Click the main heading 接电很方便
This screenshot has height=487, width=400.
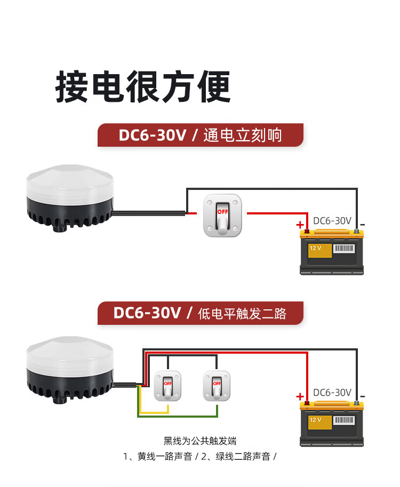[143, 86]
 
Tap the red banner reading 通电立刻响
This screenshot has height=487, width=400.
[200, 135]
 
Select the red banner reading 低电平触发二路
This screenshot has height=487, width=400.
[200, 313]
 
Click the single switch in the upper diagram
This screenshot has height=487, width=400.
[222, 215]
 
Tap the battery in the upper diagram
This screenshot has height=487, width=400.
[333, 252]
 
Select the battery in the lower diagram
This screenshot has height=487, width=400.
[333, 424]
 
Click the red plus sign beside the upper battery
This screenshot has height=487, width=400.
[300, 225]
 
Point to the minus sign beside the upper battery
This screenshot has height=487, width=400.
[363, 225]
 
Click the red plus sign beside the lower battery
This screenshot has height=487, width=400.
[300, 396]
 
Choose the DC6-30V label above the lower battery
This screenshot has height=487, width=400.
[332, 393]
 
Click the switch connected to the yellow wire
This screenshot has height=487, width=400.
[167, 386]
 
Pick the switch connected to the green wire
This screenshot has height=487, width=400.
[217, 386]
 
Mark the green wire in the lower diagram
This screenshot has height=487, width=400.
[187, 416]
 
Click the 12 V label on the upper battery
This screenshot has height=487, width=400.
[315, 249]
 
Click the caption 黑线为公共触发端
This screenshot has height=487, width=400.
[200, 441]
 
